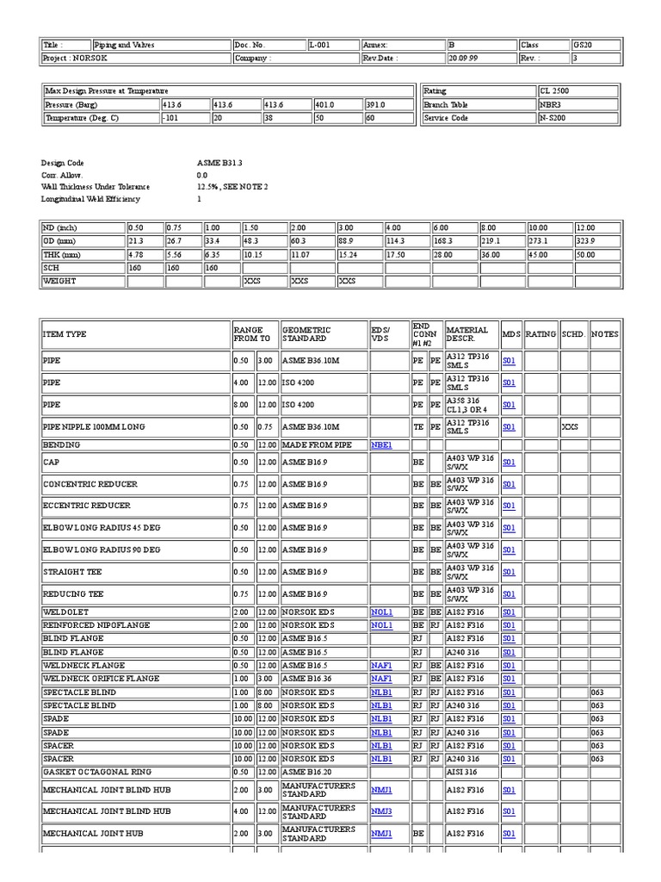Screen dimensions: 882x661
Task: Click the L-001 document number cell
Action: point(332,45)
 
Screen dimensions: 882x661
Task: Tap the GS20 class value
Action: point(595,45)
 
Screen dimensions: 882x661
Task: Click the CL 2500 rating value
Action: point(578,90)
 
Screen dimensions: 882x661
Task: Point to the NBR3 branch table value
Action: point(578,104)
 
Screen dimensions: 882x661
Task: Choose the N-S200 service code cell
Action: point(578,118)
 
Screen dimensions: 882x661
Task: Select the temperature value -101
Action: point(184,118)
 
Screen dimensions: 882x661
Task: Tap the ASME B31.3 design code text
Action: point(220,163)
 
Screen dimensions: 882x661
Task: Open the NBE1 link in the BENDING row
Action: point(381,445)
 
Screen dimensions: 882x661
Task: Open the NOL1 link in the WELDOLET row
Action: point(381,612)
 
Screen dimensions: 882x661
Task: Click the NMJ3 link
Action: point(381,811)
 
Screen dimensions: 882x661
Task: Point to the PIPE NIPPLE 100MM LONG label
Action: point(95,426)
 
